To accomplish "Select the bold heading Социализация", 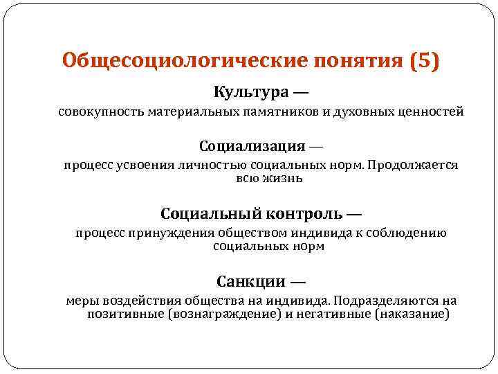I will (252, 147).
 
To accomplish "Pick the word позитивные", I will (124, 314).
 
